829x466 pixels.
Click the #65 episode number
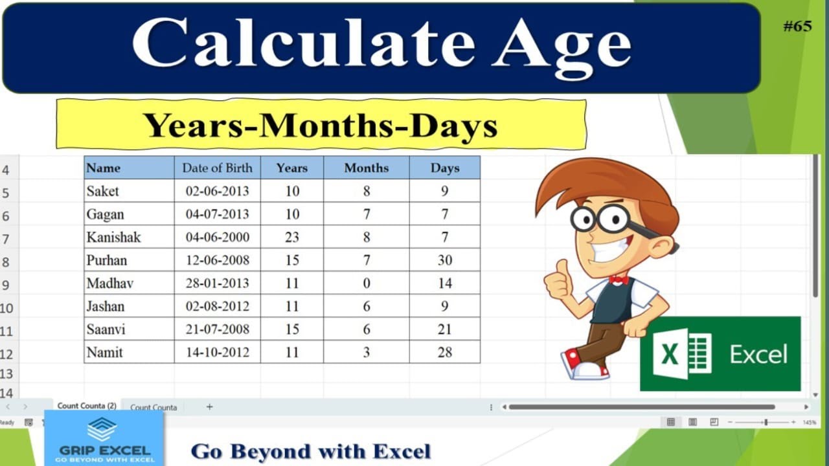(797, 27)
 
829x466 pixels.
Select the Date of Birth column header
(217, 168)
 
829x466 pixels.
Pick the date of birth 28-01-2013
(217, 283)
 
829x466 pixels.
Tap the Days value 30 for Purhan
(445, 260)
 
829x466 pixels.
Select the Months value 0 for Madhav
(367, 283)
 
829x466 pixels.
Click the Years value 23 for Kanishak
(292, 237)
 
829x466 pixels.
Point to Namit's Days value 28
(445, 352)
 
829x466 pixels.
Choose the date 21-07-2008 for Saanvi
(217, 329)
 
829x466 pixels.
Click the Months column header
(367, 168)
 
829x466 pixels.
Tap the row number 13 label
(6, 374)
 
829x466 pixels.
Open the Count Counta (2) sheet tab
(87, 406)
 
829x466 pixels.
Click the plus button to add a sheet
(209, 407)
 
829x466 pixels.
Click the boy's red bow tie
(619, 280)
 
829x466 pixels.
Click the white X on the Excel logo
(670, 354)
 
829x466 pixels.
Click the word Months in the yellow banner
(326, 126)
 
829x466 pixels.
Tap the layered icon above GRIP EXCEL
(102, 429)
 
